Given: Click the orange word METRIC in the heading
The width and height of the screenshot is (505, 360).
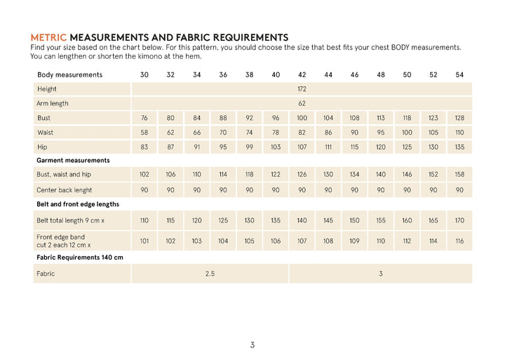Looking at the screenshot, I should pos(48,36).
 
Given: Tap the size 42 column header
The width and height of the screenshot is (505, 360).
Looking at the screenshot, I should pos(302,74).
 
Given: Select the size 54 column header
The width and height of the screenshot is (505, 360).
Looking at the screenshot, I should pos(459,74).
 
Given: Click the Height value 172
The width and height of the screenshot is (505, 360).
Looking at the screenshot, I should pos(302,89).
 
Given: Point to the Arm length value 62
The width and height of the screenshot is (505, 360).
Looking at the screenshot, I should pos(302,103).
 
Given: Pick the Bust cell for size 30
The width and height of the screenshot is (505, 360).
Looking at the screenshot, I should pos(144,118).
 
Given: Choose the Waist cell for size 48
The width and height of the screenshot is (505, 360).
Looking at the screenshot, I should pos(381,133).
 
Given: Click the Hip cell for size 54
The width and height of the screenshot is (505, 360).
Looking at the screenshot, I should pos(459,147).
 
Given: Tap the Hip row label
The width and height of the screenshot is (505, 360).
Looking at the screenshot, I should pos(43,147).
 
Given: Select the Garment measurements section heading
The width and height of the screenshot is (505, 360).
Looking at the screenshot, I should pos(73,161).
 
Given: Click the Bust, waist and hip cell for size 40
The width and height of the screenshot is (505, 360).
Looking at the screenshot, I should pos(276,175).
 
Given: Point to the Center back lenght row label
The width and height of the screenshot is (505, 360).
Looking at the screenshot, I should pos(64,189).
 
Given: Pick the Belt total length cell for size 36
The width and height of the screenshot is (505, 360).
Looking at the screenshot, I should pos(223,220).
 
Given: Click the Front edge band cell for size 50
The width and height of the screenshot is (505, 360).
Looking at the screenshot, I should pos(407,241).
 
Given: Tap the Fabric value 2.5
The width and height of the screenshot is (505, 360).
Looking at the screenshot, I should pos(210,273).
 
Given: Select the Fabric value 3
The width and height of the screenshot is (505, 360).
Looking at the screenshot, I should pos(381,273).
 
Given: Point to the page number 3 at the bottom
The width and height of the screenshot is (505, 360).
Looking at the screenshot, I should pos(252,345).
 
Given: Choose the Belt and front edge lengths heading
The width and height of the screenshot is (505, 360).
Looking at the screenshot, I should pos(77,204).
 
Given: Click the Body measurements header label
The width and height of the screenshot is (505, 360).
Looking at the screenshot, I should pos(69,74).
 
